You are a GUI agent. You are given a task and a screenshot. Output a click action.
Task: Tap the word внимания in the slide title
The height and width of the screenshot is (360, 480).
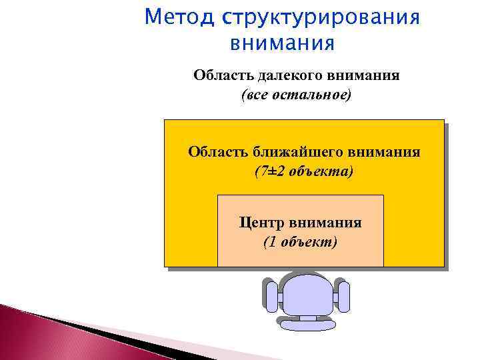tap(281, 43)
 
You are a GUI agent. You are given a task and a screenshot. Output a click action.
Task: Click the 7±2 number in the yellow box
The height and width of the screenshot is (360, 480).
tap(268, 171)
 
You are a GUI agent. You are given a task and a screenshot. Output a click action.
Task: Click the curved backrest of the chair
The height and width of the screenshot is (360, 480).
tap(306, 323)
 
